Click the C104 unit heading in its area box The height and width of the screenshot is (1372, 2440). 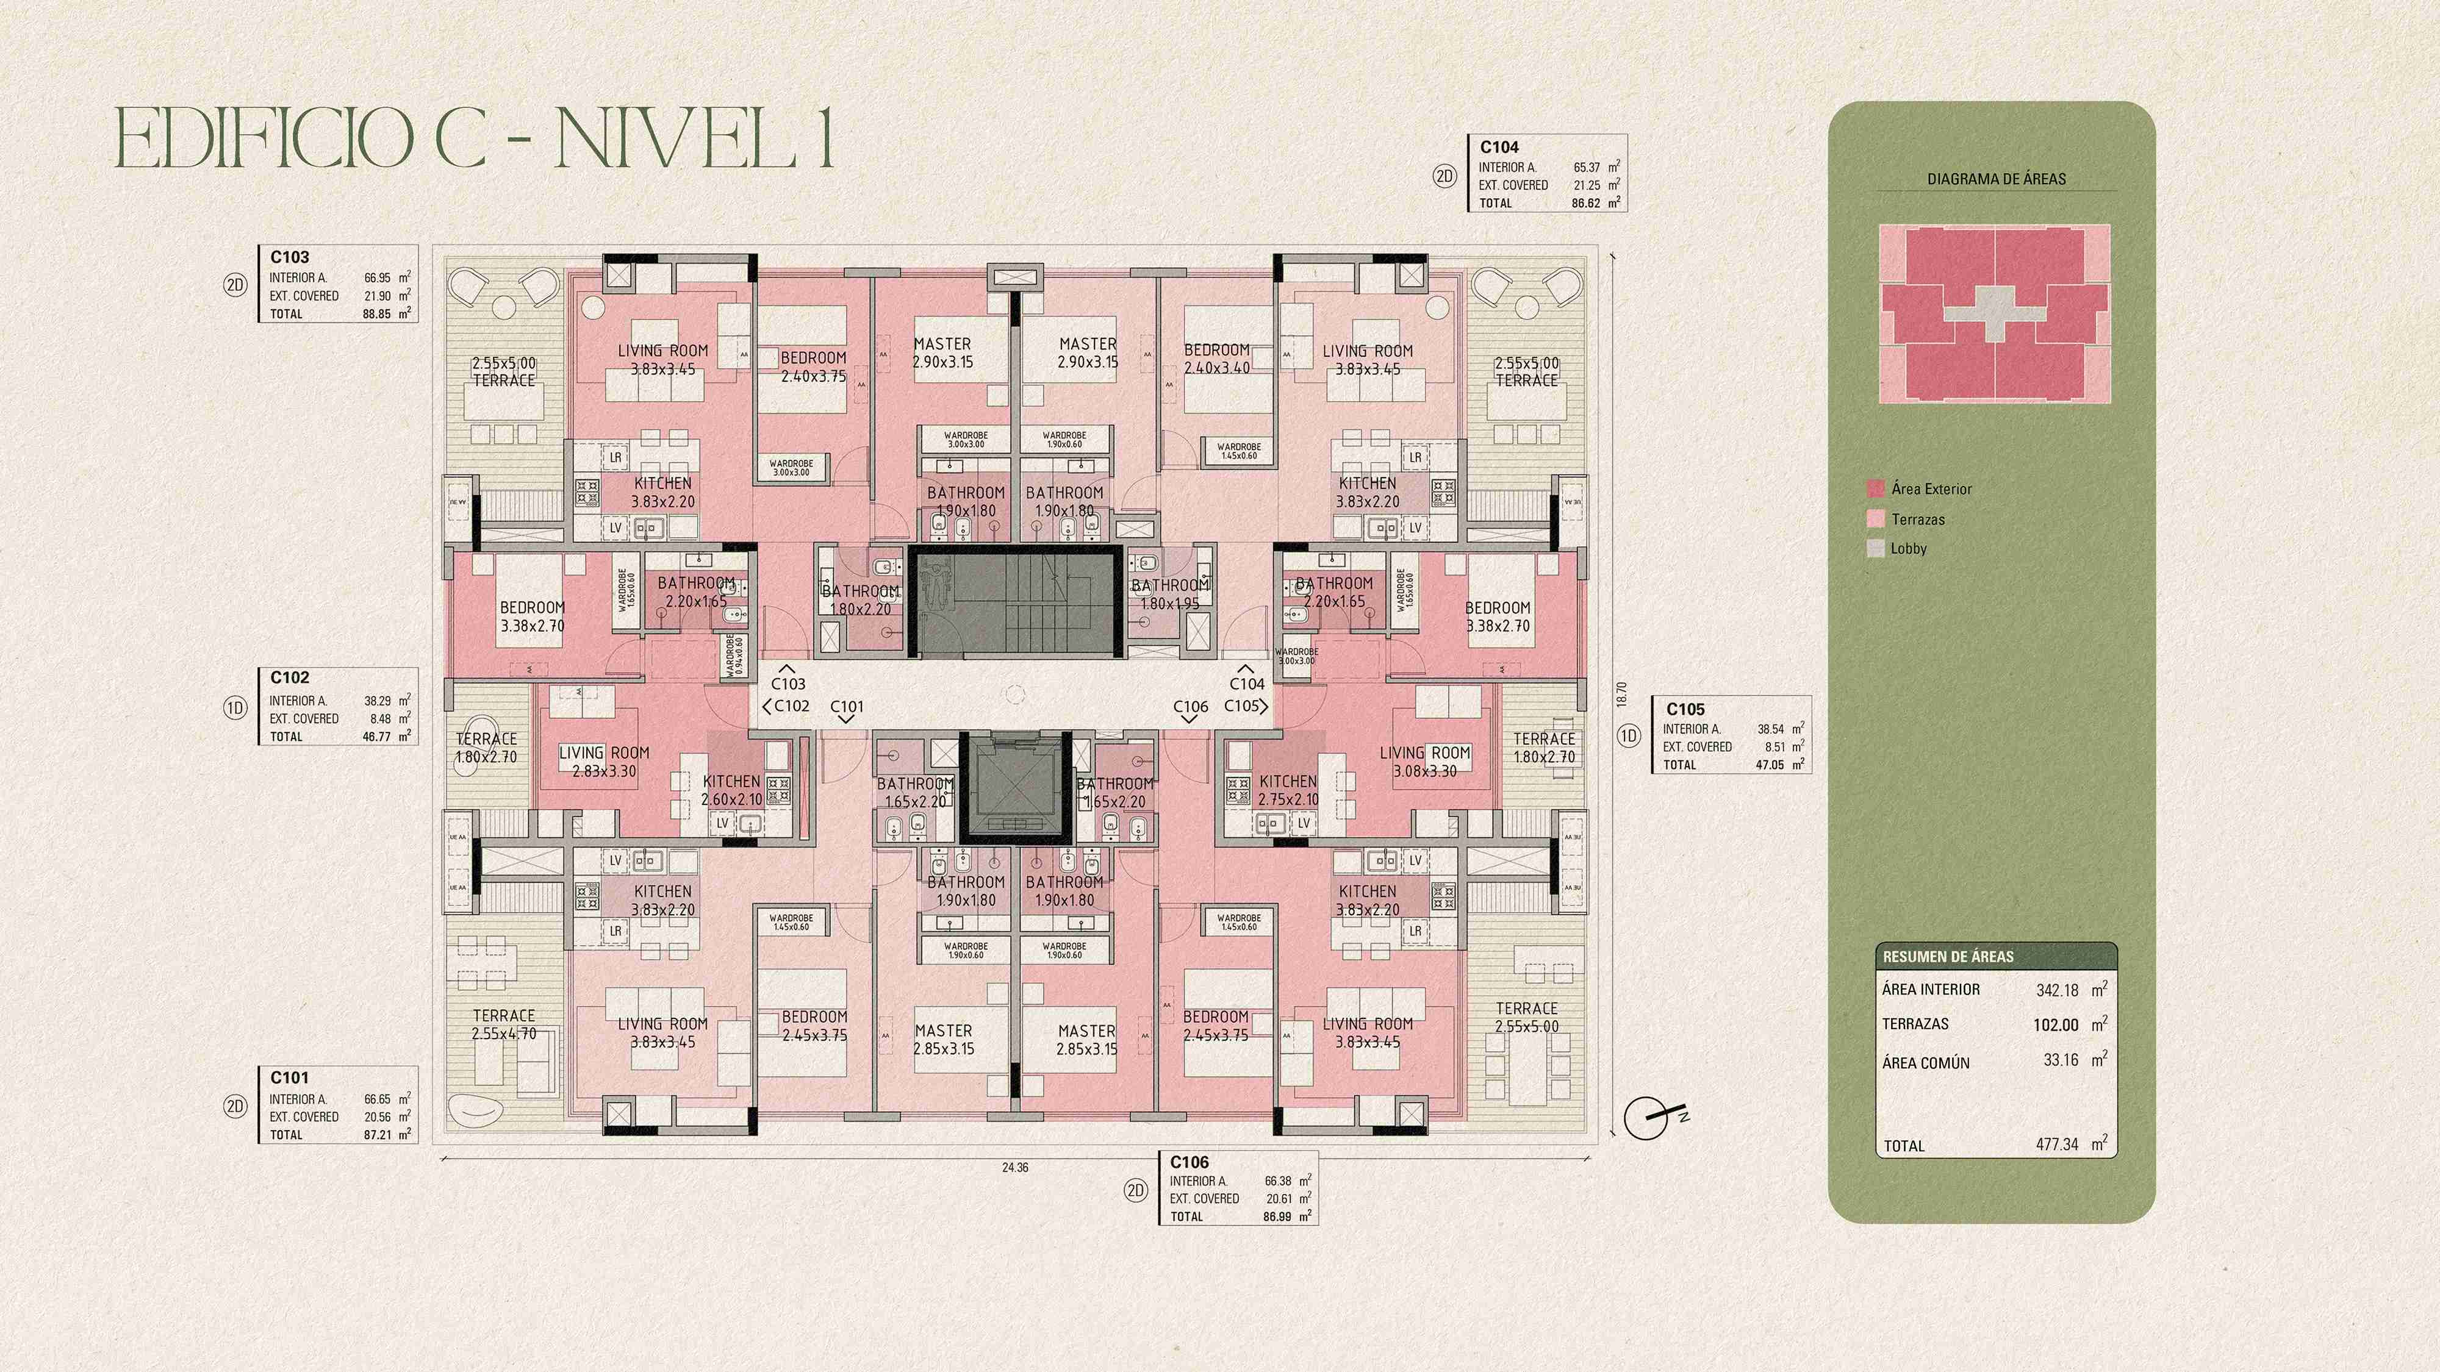tap(1499, 147)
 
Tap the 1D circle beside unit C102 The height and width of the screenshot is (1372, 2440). tap(235, 707)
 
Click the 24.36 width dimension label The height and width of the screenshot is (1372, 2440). tap(1014, 1168)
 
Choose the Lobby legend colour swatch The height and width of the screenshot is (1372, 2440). tap(1875, 548)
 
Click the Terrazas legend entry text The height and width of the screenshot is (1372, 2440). tap(1918, 519)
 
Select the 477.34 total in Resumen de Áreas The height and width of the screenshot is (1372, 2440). tap(2056, 1145)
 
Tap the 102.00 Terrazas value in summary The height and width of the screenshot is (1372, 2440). tap(2056, 1024)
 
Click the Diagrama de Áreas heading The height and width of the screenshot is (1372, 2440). tap(1996, 179)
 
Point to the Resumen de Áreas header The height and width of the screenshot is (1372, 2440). tap(1948, 956)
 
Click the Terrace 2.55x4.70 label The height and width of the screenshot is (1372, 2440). tap(504, 1024)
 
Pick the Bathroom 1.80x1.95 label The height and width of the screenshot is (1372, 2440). tap(1170, 595)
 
